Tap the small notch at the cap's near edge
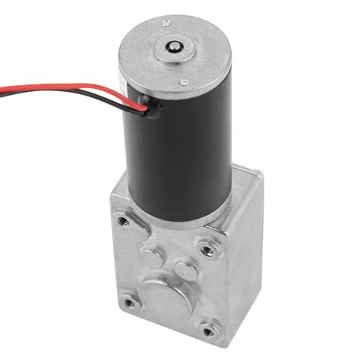coord(183,82)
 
